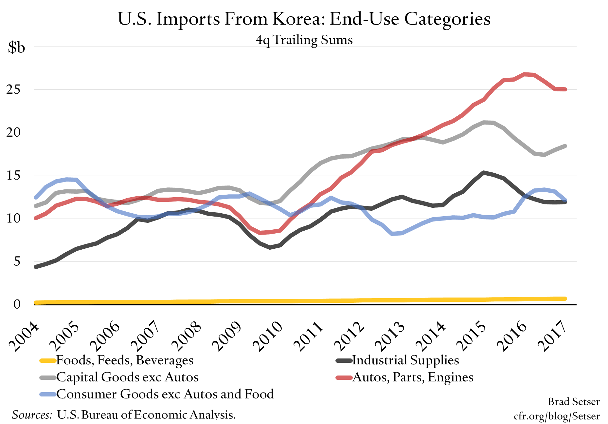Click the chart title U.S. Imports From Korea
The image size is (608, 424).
[x=304, y=19]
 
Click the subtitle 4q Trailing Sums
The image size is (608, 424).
[x=304, y=40]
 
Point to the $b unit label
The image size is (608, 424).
[x=16, y=48]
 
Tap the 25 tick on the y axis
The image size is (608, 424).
[x=13, y=89]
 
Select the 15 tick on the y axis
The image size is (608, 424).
[x=13, y=176]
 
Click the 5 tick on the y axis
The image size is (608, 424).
[x=17, y=261]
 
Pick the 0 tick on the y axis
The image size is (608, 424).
[x=17, y=304]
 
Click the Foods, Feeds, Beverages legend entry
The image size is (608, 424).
[x=125, y=360]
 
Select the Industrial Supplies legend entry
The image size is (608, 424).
[x=405, y=360]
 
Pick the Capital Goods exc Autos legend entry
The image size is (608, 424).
[x=127, y=377]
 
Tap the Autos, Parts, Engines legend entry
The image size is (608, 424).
[x=413, y=377]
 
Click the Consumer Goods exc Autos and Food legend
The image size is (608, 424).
[x=165, y=394]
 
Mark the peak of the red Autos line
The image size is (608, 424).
[x=525, y=74]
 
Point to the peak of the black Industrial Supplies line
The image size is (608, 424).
[x=483, y=172]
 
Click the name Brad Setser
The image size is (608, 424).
[x=574, y=402]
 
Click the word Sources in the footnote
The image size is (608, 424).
[x=32, y=415]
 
